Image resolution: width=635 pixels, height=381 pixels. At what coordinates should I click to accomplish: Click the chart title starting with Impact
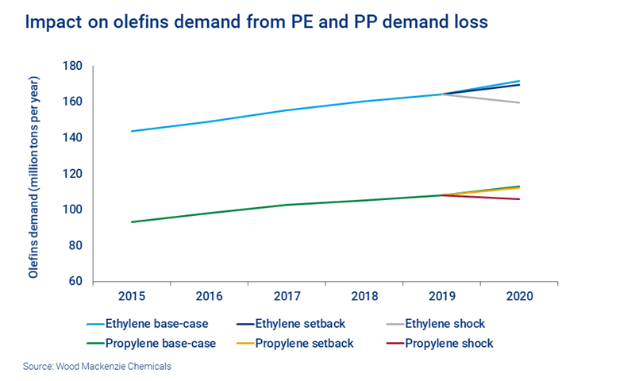[256, 22]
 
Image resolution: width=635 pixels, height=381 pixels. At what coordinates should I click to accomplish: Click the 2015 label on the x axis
[131, 296]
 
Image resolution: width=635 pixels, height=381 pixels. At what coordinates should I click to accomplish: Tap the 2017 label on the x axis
[286, 296]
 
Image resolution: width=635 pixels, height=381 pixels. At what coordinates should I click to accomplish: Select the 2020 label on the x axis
[519, 296]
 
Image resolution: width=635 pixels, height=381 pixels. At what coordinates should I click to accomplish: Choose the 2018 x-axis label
[364, 296]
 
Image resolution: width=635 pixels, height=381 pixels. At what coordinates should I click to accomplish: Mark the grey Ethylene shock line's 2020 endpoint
[519, 102]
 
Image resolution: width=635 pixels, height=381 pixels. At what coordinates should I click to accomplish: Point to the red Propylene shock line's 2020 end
[519, 199]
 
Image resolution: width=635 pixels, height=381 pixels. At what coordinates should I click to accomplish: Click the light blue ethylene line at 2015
[131, 131]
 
